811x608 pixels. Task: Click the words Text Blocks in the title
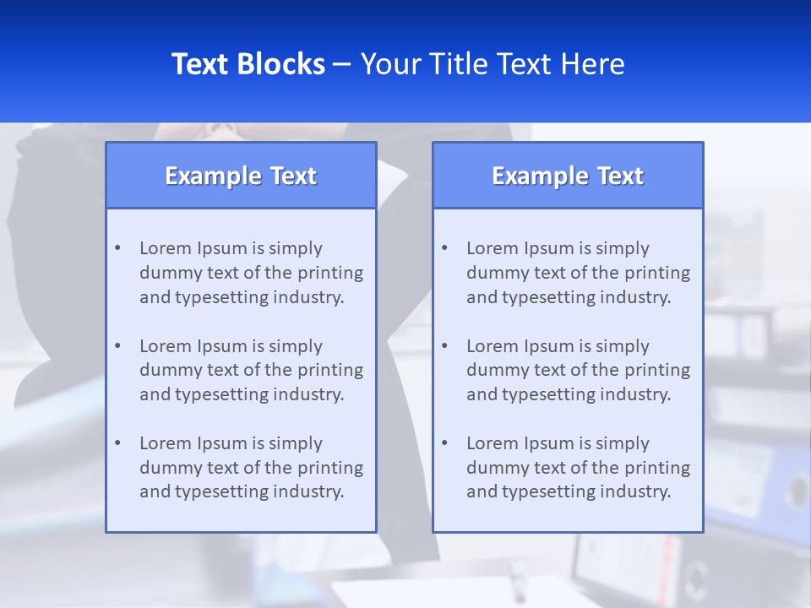point(248,64)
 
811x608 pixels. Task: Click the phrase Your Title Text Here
point(493,64)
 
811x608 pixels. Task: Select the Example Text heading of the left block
point(241,176)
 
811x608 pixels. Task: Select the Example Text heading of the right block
point(568,176)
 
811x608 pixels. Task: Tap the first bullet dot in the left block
point(117,248)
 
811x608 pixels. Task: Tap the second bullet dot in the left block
point(117,346)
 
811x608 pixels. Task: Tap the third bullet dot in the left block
point(117,443)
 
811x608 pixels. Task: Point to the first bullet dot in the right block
point(444,248)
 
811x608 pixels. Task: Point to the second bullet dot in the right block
point(444,346)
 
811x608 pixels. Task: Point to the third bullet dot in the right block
point(444,443)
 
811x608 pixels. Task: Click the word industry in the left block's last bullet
point(309,491)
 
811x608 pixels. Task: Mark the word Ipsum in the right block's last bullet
point(550,443)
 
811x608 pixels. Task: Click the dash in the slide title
point(342,64)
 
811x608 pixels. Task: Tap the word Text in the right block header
point(620,176)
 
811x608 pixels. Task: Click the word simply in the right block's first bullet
point(623,248)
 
